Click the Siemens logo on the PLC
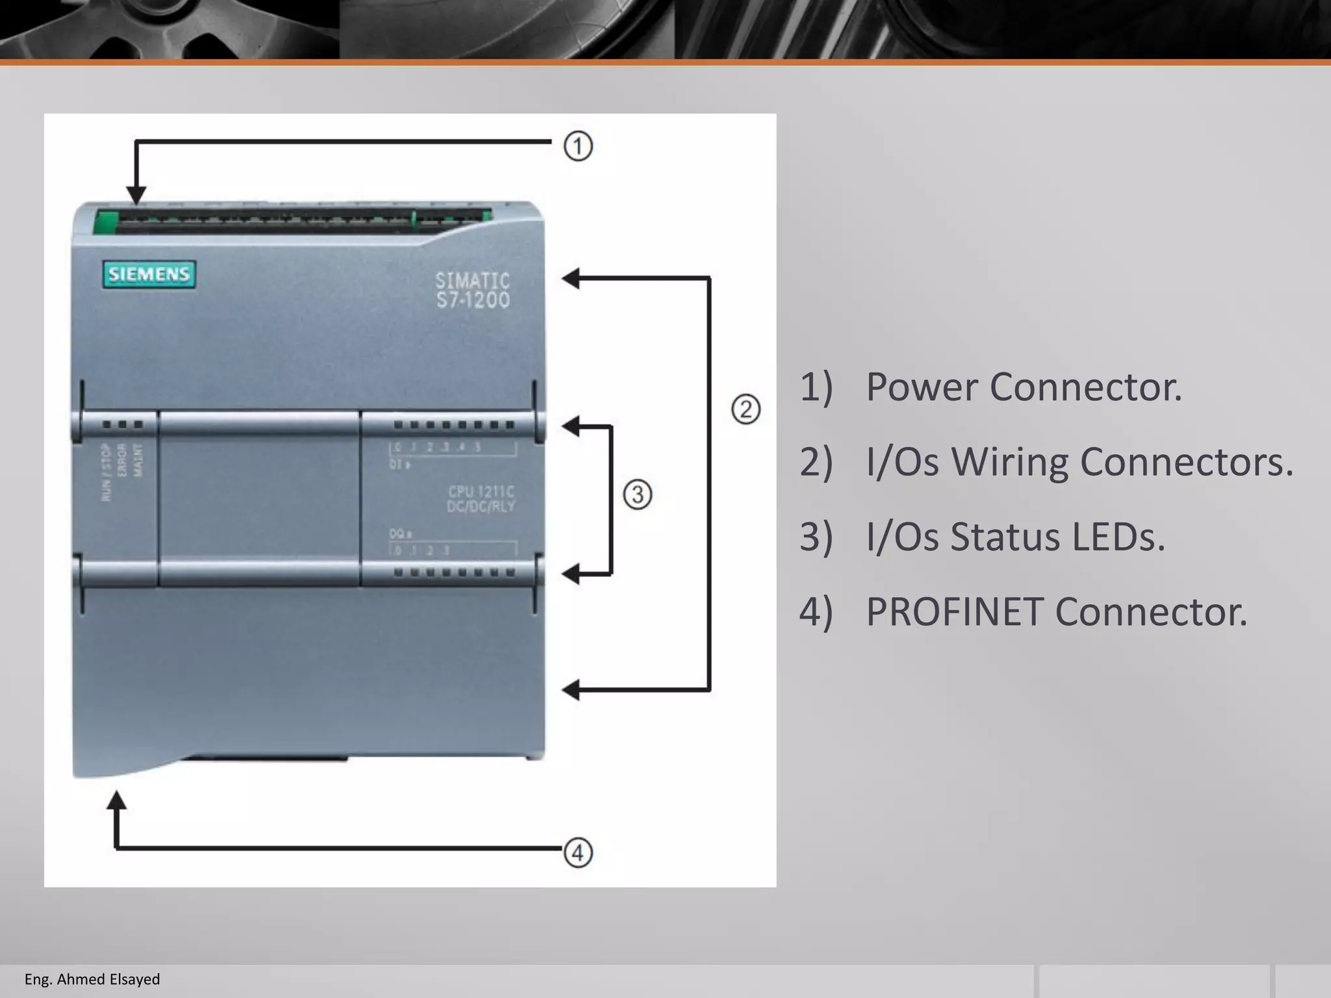click(x=149, y=274)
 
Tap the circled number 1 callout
click(x=578, y=146)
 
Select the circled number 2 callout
click(x=745, y=409)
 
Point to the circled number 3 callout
click(x=637, y=494)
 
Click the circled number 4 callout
click(x=578, y=852)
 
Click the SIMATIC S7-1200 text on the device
click(x=472, y=290)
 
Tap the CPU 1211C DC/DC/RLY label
click(x=481, y=499)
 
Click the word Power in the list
click(x=922, y=387)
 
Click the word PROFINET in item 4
click(x=954, y=612)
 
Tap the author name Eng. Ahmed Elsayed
click(x=92, y=979)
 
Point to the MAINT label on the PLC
click(x=138, y=460)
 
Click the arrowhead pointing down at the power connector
click(x=136, y=195)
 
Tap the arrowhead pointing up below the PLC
click(x=116, y=800)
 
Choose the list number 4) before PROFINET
click(x=816, y=612)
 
